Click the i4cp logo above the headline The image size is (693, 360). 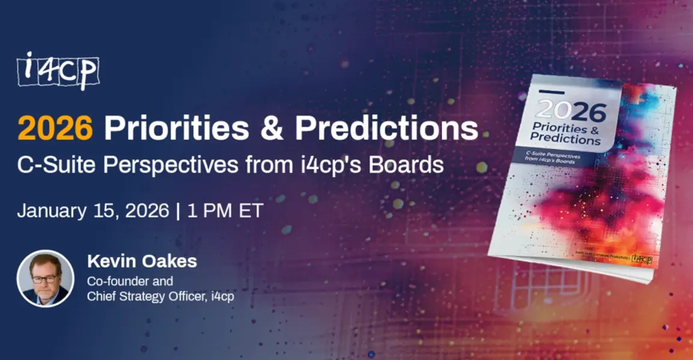pos(58,70)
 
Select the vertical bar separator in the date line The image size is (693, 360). pos(178,212)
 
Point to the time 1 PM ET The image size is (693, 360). pos(225,212)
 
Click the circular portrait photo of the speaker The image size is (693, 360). pos(45,278)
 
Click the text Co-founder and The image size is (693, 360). pos(130,281)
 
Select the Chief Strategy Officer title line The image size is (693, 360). pos(160,296)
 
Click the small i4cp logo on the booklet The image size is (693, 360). pos(642,258)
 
